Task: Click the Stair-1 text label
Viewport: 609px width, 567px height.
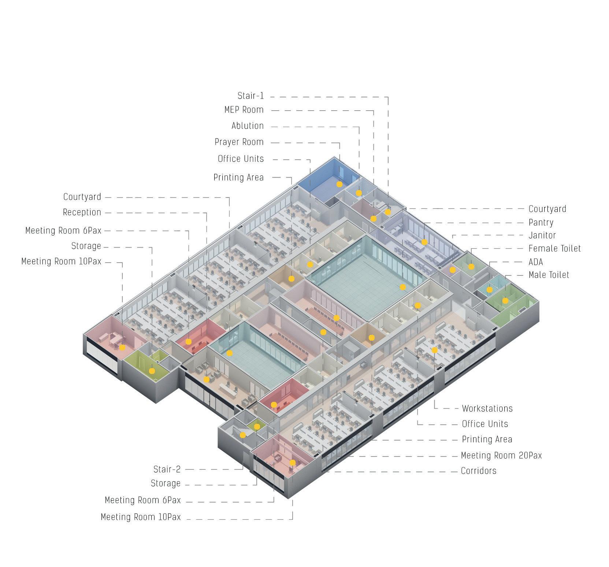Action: pyautogui.click(x=250, y=96)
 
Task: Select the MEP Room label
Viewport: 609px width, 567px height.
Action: pyautogui.click(x=244, y=110)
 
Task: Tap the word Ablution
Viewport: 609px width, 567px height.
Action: pyautogui.click(x=248, y=126)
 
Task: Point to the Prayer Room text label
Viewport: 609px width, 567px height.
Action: pyautogui.click(x=239, y=142)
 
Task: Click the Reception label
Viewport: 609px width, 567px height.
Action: pyautogui.click(x=82, y=212)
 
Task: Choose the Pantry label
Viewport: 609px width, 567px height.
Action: pyautogui.click(x=541, y=223)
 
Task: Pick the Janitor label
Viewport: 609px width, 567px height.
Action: pyautogui.click(x=542, y=236)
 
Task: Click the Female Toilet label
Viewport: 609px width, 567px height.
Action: pyautogui.click(x=554, y=249)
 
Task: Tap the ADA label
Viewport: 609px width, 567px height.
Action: pyautogui.click(x=536, y=262)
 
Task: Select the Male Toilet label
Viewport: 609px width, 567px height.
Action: pyautogui.click(x=549, y=275)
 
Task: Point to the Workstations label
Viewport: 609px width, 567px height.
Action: pyautogui.click(x=487, y=408)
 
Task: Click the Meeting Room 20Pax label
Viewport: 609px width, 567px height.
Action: pyautogui.click(x=501, y=456)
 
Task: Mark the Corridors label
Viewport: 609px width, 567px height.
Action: pyautogui.click(x=479, y=471)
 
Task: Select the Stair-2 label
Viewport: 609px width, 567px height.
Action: pyautogui.click(x=167, y=469)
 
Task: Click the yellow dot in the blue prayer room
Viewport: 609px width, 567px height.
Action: pyautogui.click(x=339, y=184)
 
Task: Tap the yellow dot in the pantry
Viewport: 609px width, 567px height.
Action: pyautogui.click(x=424, y=242)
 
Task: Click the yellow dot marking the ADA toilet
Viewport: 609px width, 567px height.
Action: pyautogui.click(x=490, y=290)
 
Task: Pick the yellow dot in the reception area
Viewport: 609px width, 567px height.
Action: pyautogui.click(x=207, y=379)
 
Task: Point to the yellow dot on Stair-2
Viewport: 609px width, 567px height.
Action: pyautogui.click(x=242, y=435)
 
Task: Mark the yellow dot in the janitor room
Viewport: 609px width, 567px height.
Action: pyautogui.click(x=453, y=270)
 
